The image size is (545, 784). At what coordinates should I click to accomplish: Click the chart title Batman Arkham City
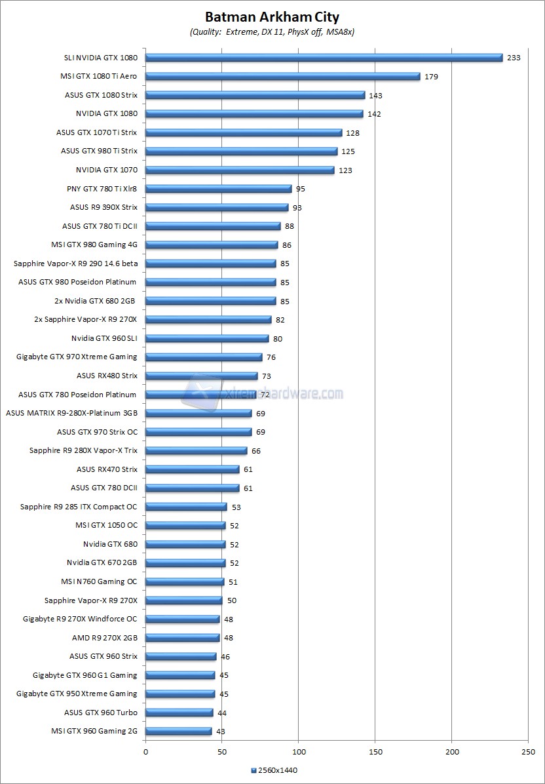pos(272,17)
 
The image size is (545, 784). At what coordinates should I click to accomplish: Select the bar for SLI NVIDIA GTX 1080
pos(324,58)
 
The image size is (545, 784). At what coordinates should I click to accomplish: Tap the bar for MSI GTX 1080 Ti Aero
pos(282,76)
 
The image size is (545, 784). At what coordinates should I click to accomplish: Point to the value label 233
pos(514,58)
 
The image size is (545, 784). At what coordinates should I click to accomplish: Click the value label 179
pos(431,77)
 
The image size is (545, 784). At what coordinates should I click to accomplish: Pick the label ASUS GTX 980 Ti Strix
pos(99,151)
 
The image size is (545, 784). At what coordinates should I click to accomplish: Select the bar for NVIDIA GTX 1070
pos(240,170)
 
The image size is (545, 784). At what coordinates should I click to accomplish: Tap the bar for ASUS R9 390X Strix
pos(217,207)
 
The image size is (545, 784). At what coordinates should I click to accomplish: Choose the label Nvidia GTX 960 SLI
pos(104,338)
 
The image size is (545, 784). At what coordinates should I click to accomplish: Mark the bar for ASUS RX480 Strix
pos(201,376)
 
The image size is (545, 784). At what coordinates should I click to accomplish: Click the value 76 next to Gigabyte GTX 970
pos(271,357)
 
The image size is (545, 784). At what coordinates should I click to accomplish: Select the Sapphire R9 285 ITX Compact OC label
pos(79,507)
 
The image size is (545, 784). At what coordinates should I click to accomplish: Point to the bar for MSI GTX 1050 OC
pos(185,525)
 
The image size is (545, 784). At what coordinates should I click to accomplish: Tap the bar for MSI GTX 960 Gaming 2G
pos(178,731)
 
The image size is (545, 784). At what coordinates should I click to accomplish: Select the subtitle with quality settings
pos(272,31)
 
